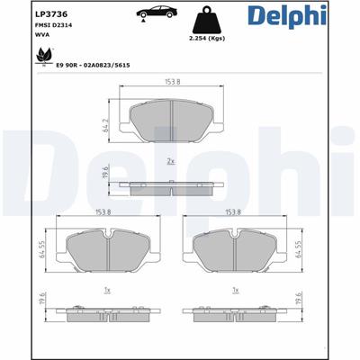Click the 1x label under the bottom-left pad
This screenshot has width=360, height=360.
click(107, 291)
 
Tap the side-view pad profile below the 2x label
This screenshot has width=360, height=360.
click(172, 186)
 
